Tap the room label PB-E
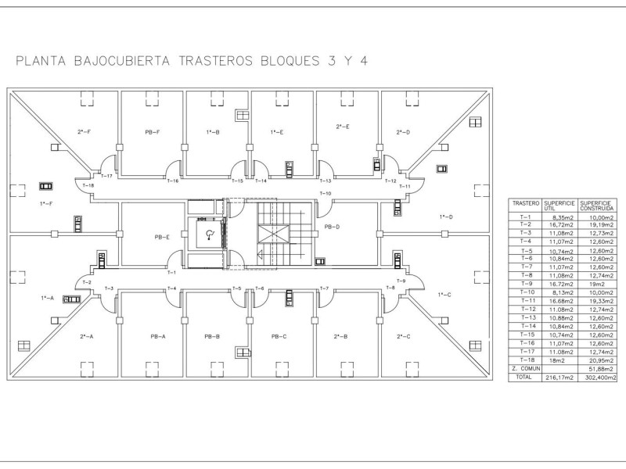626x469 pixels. coord(163,236)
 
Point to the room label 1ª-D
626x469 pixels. coord(446,217)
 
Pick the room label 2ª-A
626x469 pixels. coord(87,336)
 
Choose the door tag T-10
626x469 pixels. coord(326,193)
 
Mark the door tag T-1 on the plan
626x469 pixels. coord(171,272)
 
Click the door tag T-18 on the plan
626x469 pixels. coord(88,185)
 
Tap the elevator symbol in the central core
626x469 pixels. coord(209,234)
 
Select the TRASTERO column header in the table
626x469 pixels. coord(525,202)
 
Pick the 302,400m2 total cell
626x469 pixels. coord(597,378)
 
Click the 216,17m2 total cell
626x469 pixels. coord(559,378)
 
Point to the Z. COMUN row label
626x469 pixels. coord(525,368)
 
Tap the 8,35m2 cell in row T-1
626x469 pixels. coord(559,217)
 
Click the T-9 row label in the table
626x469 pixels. coord(525,284)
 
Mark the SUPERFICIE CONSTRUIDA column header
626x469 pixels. coord(597,204)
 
